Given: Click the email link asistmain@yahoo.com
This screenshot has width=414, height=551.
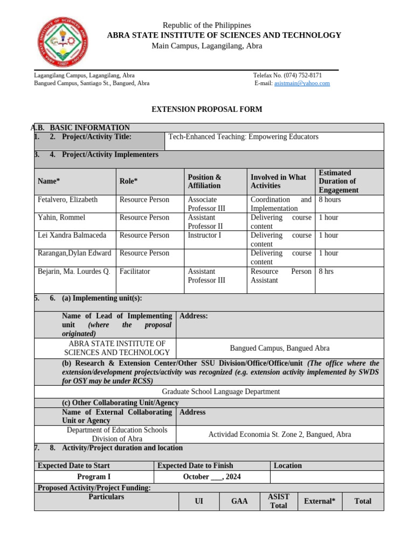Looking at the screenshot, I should coord(302,83).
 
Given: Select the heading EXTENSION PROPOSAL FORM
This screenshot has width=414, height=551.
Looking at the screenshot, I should coord(206,109).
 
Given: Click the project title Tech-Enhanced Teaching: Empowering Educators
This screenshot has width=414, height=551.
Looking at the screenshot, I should coord(244,137).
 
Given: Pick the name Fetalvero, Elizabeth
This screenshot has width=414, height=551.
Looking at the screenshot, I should coord(68,200).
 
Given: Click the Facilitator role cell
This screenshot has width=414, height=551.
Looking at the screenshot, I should coord(135,271).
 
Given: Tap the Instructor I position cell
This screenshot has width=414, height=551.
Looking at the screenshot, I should coord(204,235).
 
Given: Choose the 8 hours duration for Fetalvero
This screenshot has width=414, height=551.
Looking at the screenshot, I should coord(330,200).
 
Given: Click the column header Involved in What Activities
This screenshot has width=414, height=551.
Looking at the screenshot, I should coord(278,181).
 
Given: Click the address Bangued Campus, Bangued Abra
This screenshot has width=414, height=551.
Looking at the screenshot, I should coord(280,348).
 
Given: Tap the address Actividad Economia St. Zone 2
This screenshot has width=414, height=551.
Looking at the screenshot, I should coord(280,434).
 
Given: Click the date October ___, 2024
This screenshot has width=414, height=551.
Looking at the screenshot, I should coord(211,477).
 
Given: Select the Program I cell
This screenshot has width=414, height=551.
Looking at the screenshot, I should coord(94,477).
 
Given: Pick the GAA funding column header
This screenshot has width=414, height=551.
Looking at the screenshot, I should coord(239,501).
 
